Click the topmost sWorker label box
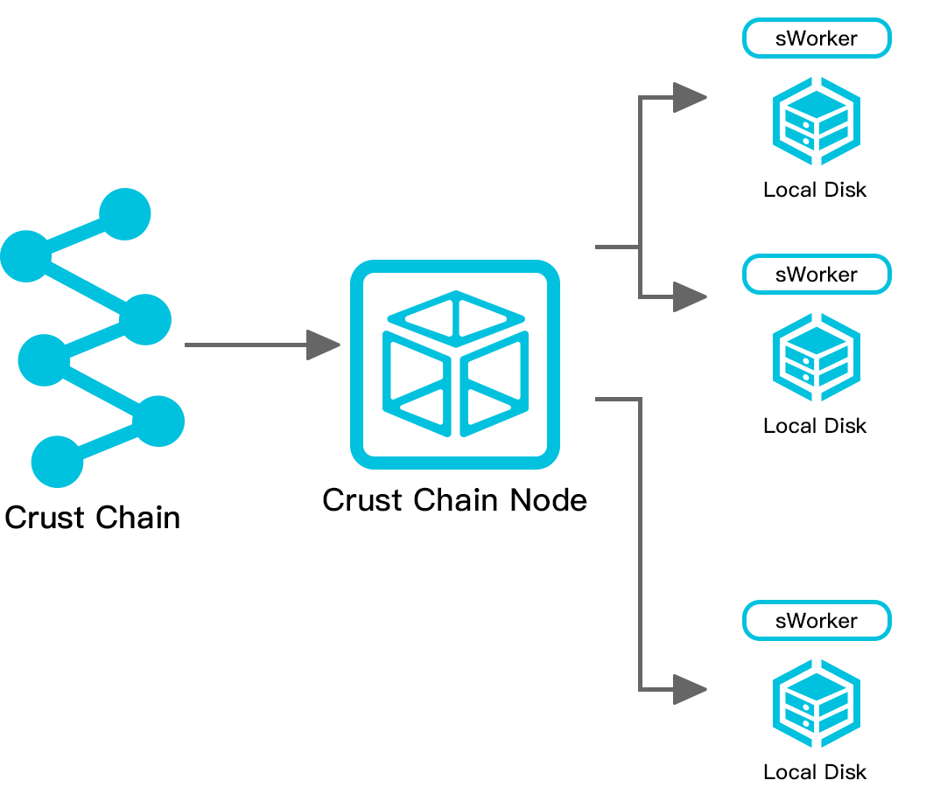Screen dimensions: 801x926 pos(816,39)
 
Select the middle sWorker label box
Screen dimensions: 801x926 pos(816,275)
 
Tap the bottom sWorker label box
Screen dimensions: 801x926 pos(816,621)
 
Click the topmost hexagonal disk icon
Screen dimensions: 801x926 pos(816,121)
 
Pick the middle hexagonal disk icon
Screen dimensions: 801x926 pos(816,357)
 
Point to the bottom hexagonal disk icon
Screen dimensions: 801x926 pos(816,703)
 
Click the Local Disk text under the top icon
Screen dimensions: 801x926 pos(815,190)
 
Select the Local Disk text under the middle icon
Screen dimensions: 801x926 pos(815,426)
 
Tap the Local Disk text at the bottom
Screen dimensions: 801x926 pos(815,772)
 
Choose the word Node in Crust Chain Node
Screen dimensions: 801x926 pos(551,500)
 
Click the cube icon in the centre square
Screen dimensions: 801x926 pos(455,364)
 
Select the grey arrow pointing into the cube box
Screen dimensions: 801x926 pos(263,345)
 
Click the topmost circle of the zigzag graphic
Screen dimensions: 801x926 pos(125,214)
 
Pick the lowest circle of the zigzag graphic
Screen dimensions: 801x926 pos(58,461)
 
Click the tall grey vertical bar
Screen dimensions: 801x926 pos(651,394)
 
